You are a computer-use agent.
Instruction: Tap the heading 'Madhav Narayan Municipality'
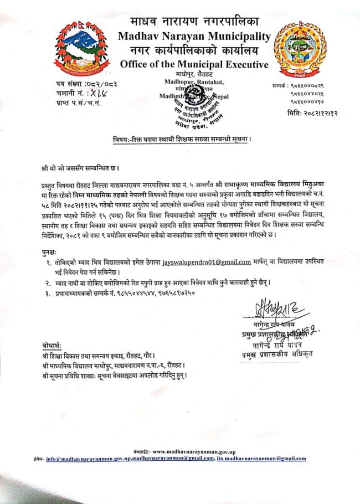point(194,38)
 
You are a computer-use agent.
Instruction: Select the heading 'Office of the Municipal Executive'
point(194,65)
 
